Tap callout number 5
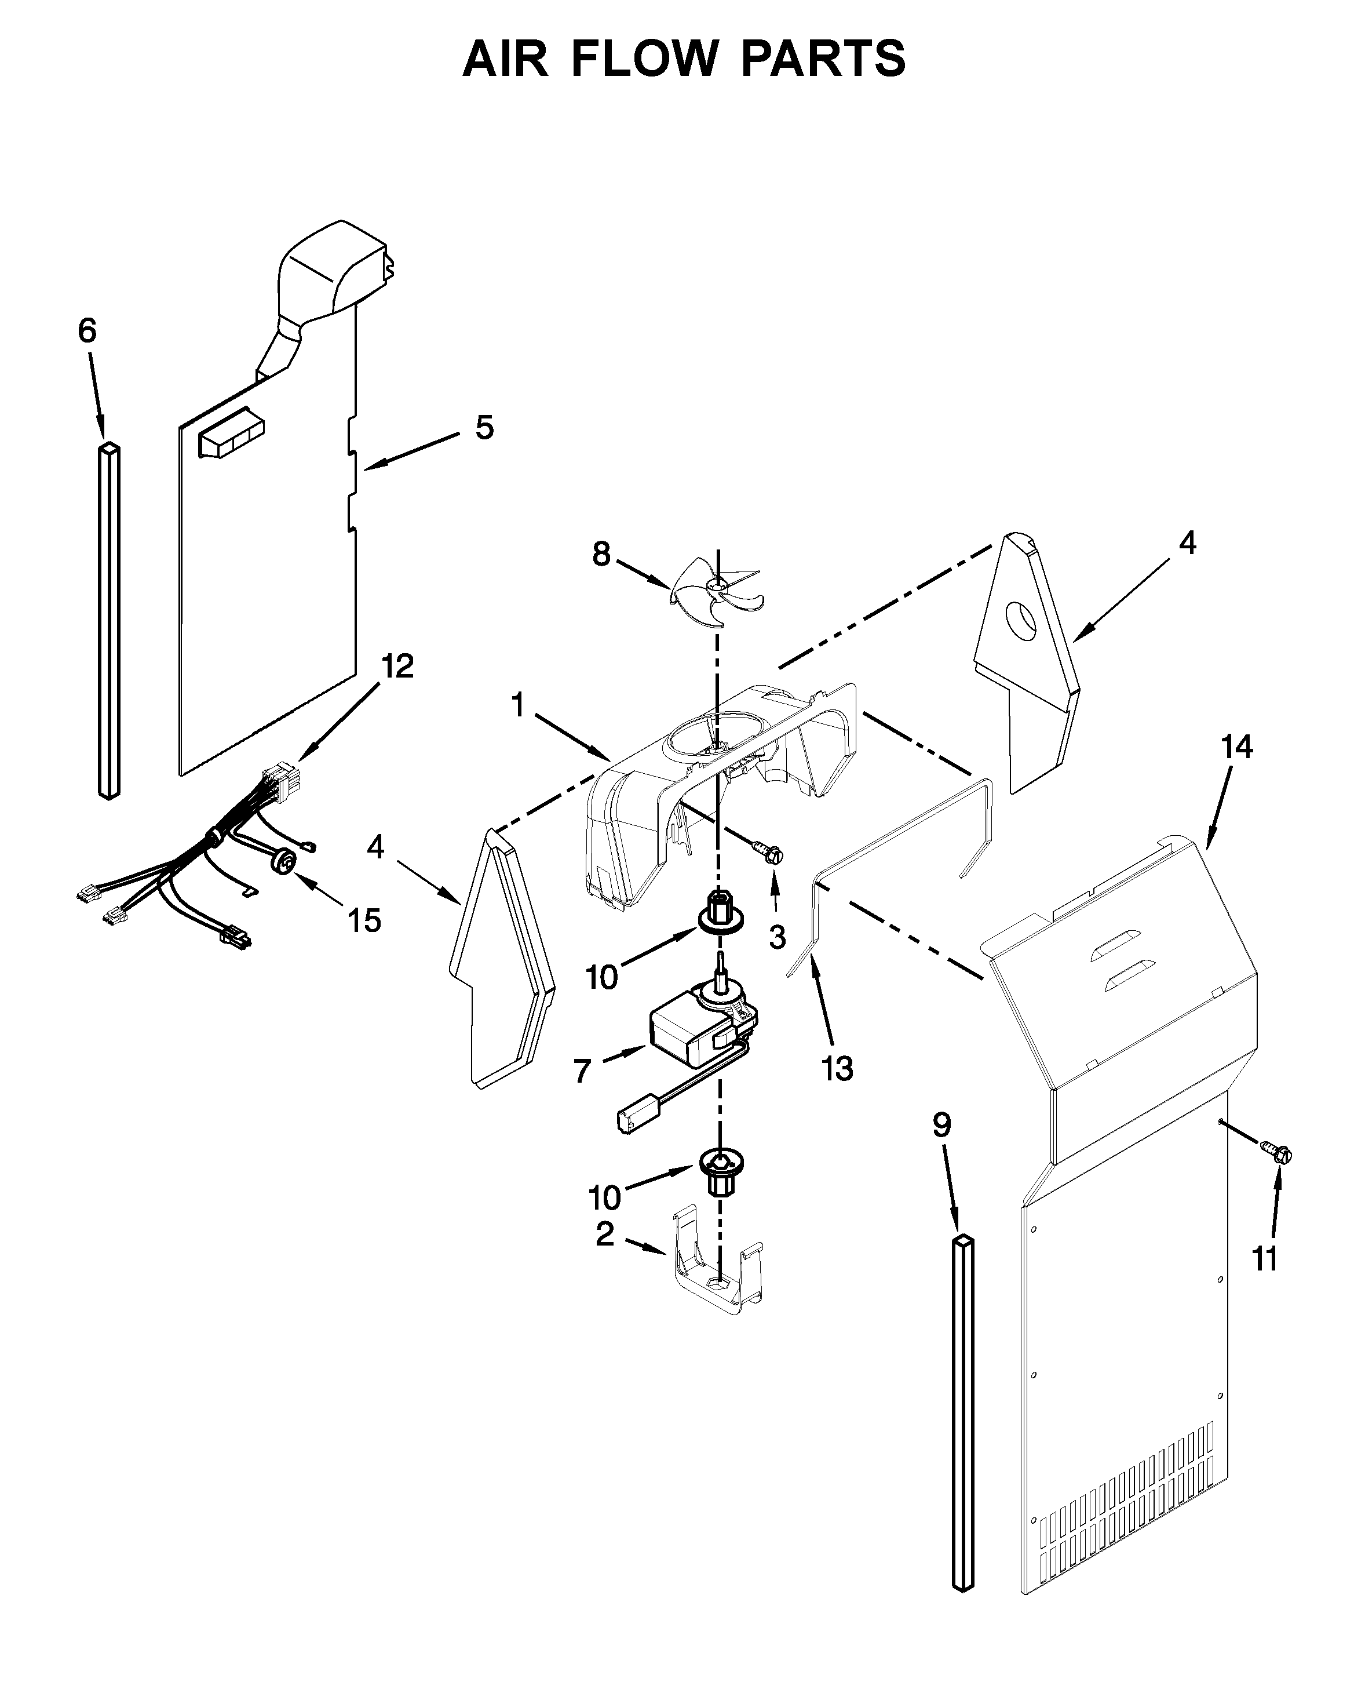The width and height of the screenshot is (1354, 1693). click(x=484, y=428)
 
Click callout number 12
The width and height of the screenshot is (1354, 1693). click(x=397, y=667)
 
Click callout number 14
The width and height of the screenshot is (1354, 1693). click(x=1236, y=747)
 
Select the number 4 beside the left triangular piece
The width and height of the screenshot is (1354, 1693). click(x=376, y=846)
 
